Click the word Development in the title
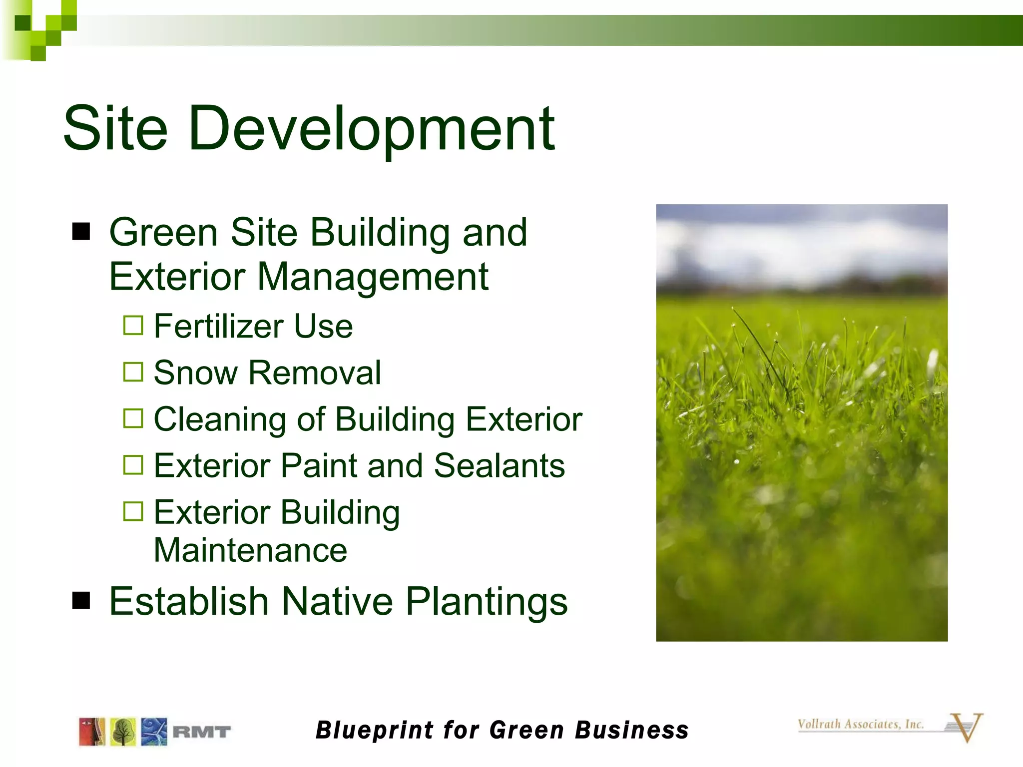(372, 129)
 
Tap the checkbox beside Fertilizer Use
(133, 326)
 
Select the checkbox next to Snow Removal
(133, 372)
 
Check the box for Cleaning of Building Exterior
(133, 418)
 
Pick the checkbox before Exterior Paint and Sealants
(133, 465)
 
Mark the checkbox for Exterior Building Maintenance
(133, 511)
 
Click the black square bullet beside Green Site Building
(81, 232)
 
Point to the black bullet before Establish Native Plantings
(81, 601)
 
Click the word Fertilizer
(218, 326)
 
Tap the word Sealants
(499, 465)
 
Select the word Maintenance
(250, 550)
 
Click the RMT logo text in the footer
(201, 732)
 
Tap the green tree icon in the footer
(123, 732)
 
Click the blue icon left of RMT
(154, 732)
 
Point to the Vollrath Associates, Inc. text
(860, 724)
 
